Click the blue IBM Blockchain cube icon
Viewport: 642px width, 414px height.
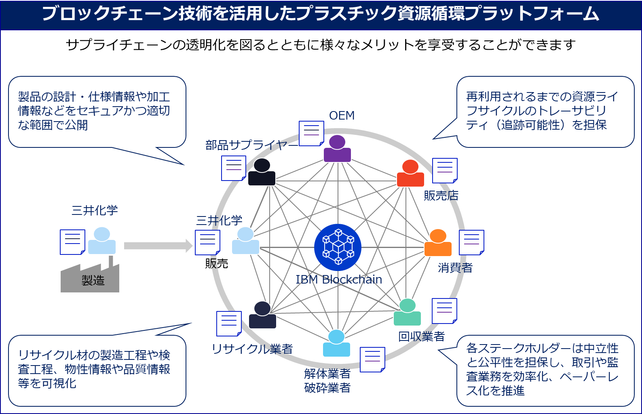pyautogui.click(x=338, y=247)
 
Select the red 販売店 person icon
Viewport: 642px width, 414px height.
pyautogui.click(x=410, y=174)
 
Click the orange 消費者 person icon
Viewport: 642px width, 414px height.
pyautogui.click(x=438, y=243)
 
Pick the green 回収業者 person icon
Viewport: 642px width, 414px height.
pyautogui.click(x=408, y=313)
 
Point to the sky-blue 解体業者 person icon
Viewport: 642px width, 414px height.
pyautogui.click(x=336, y=344)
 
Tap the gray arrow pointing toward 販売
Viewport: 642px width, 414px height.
pyautogui.click(x=158, y=246)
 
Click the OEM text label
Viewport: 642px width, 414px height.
pyautogui.click(x=342, y=116)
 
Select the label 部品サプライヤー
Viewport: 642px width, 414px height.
pyautogui.click(x=251, y=145)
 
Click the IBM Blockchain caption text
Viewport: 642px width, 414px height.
pyautogui.click(x=338, y=280)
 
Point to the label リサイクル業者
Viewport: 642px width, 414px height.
pyautogui.click(x=252, y=349)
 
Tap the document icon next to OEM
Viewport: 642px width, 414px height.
pyautogui.click(x=311, y=133)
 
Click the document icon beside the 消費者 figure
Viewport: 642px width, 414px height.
pyautogui.click(x=471, y=242)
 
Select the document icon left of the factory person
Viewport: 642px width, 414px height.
pyautogui.click(x=72, y=242)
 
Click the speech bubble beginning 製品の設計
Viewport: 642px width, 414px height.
pyautogui.click(x=97, y=111)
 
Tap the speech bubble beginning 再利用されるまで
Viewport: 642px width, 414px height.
pyautogui.click(x=545, y=111)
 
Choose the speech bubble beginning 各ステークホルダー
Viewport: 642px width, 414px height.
pyautogui.click(x=545, y=370)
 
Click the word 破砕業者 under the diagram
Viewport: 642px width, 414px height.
pyautogui.click(x=327, y=388)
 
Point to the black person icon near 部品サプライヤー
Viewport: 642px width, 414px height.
pyautogui.click(x=262, y=172)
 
